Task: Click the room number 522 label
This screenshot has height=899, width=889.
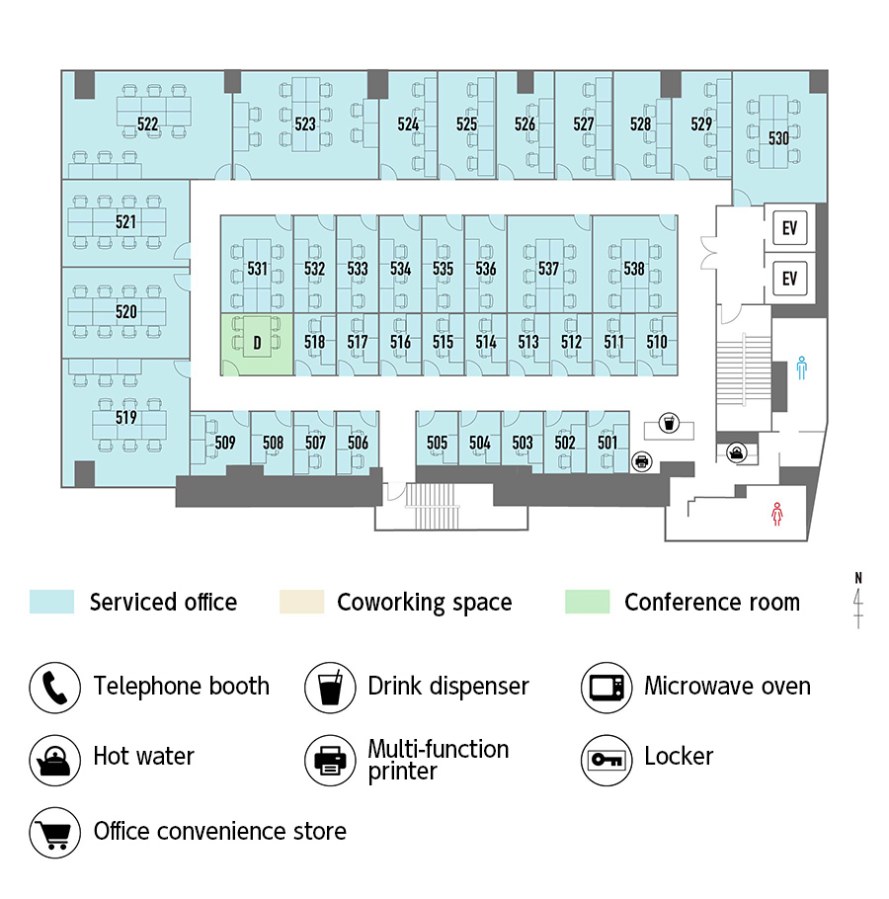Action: [147, 123]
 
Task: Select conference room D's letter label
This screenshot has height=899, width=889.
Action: [258, 343]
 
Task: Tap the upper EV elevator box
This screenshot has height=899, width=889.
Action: [790, 228]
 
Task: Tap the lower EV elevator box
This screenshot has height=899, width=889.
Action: [790, 279]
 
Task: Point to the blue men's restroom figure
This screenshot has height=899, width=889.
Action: [801, 368]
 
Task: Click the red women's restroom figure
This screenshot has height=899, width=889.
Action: [776, 514]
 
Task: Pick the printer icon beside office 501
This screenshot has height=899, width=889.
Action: [642, 461]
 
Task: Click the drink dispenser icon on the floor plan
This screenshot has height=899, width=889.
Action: [669, 423]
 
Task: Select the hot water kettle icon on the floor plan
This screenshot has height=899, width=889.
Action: [737, 452]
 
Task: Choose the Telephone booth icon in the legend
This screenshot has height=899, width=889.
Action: [55, 688]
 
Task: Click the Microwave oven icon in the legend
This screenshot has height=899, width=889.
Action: [606, 688]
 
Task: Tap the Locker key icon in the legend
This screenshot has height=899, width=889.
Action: [606, 760]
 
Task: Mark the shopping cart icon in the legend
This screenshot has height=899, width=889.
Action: [55, 833]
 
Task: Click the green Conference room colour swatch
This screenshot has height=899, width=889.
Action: [587, 602]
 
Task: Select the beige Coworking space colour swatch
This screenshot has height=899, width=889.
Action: [301, 602]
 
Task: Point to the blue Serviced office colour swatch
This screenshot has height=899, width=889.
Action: [51, 602]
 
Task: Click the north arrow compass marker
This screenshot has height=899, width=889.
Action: [858, 600]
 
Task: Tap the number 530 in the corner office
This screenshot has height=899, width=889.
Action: [778, 138]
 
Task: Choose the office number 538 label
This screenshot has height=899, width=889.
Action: [634, 269]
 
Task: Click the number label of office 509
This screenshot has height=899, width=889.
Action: [225, 442]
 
